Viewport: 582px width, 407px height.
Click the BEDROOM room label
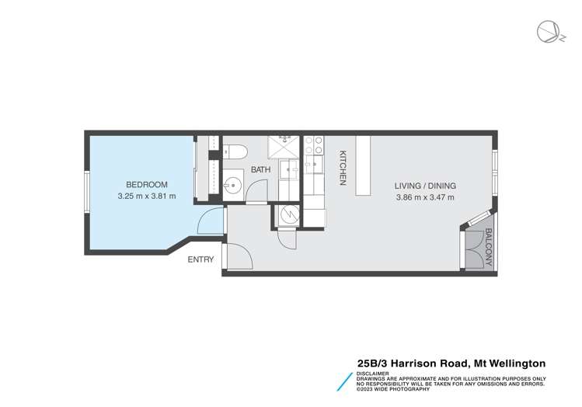click(x=146, y=184)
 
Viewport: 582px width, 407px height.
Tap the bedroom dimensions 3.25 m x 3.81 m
click(x=146, y=197)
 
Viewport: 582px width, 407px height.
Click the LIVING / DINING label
click(x=424, y=186)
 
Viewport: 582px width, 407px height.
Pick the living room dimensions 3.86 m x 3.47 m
click(x=424, y=198)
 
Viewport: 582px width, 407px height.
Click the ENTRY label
click(x=200, y=259)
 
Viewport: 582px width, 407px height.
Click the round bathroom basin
click(x=232, y=186)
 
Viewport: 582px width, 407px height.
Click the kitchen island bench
click(x=362, y=165)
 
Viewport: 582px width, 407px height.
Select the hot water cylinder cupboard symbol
click(x=287, y=216)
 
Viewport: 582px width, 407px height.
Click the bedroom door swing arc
click(x=209, y=222)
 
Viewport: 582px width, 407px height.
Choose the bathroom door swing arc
click(x=259, y=190)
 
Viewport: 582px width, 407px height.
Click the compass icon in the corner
click(x=546, y=32)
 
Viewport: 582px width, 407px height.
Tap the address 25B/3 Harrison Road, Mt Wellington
click(x=451, y=363)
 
